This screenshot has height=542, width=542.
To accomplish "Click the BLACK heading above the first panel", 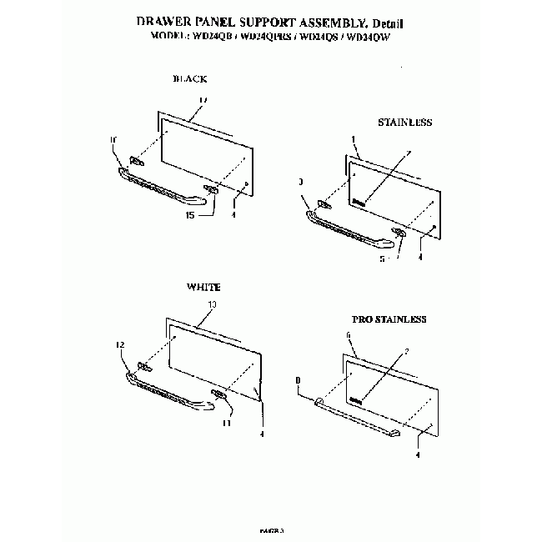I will [x=189, y=79].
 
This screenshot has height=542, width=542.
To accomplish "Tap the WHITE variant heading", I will [x=203, y=286].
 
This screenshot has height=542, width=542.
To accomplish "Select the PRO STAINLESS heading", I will [x=389, y=319].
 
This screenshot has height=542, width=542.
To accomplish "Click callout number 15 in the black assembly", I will [x=190, y=215].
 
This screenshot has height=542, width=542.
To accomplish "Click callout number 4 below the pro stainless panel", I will [x=417, y=455].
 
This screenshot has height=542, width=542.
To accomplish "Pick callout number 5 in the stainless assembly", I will [x=382, y=258].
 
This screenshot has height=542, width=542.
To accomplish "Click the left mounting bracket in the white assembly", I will [x=144, y=367].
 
